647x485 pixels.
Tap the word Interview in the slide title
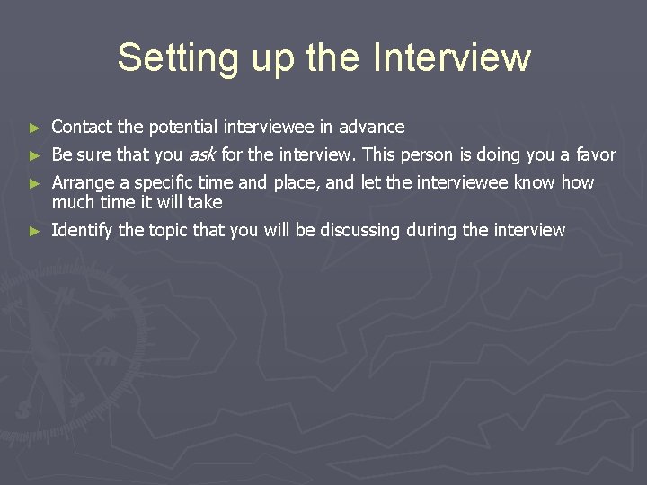(451, 57)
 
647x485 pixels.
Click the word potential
(176, 127)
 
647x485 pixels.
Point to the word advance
(371, 127)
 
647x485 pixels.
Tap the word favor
(596, 154)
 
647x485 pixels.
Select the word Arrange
(84, 183)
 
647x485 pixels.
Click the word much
(74, 202)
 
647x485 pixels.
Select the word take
(205, 202)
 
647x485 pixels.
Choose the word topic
(168, 230)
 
